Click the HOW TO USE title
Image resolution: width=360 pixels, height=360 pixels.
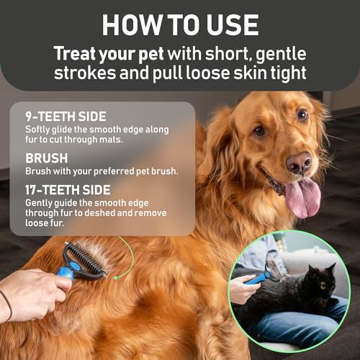(180, 24)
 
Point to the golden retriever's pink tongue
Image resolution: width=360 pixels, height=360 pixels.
(302, 197)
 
